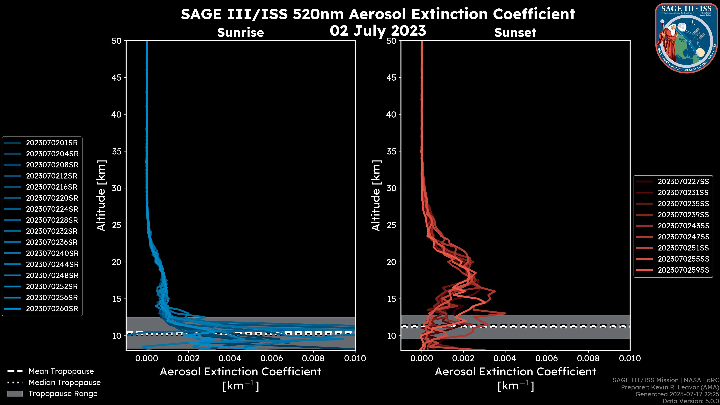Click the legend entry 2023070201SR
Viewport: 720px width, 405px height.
coord(52,143)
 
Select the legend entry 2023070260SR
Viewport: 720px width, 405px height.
coord(52,309)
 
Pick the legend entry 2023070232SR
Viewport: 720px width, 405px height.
coord(52,231)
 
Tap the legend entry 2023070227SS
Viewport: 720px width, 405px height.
coord(683,182)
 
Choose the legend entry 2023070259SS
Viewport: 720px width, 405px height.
coord(683,270)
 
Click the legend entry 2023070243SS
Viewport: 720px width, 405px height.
coord(683,226)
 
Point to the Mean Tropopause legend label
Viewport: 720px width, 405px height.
coord(61,371)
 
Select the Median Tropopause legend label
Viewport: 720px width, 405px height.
coord(64,383)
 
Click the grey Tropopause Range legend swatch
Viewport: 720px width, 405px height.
coord(15,394)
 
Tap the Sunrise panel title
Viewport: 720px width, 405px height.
coord(240,33)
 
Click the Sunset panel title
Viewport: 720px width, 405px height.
coord(515,33)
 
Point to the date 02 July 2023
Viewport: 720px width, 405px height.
coord(378,31)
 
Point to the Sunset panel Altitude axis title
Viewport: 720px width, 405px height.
coord(376,196)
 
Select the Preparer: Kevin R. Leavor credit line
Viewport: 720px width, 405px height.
coord(670,387)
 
